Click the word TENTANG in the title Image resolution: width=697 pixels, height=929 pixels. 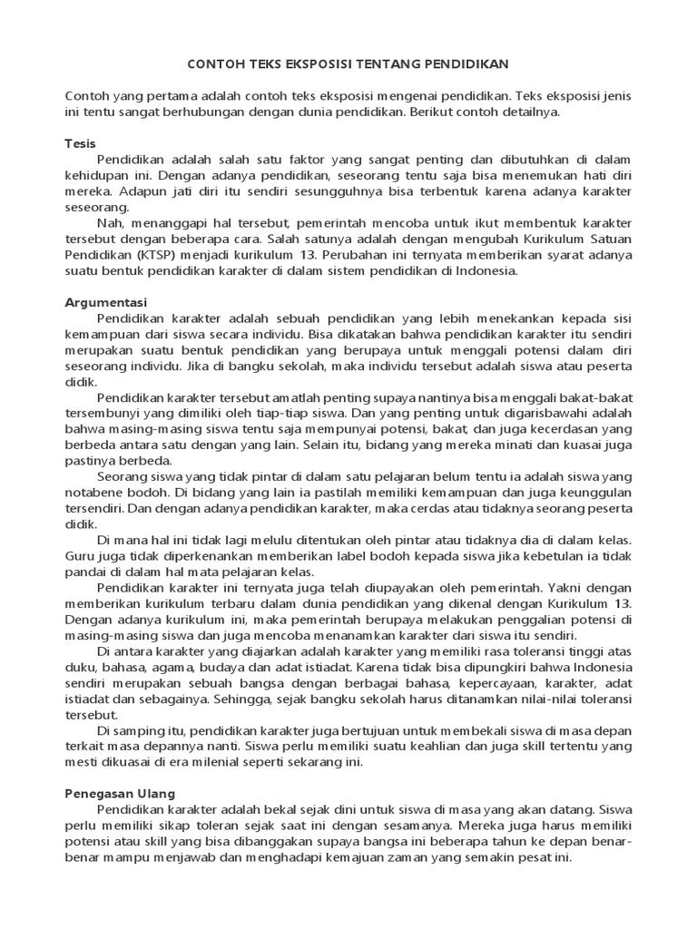tap(394, 64)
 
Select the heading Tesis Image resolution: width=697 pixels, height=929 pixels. tap(81, 143)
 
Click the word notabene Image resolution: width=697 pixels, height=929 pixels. tap(94, 492)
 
